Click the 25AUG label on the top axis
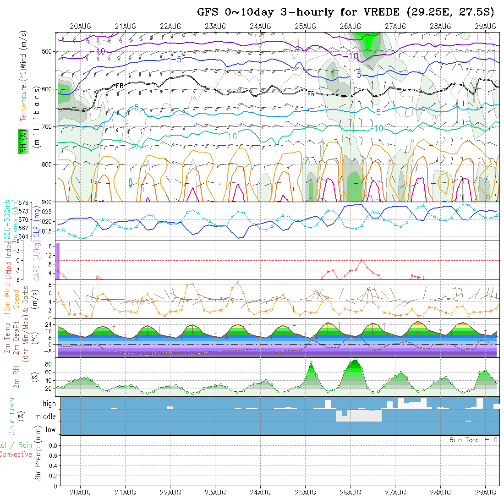(x=305, y=26)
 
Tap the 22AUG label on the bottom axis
(x=170, y=493)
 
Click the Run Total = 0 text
(x=473, y=440)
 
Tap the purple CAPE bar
(x=58, y=261)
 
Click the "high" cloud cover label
(x=49, y=404)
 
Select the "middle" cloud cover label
(x=46, y=417)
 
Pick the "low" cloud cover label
(x=50, y=430)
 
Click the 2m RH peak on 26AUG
(x=356, y=359)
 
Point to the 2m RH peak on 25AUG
(x=311, y=362)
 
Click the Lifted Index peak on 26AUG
(x=362, y=260)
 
